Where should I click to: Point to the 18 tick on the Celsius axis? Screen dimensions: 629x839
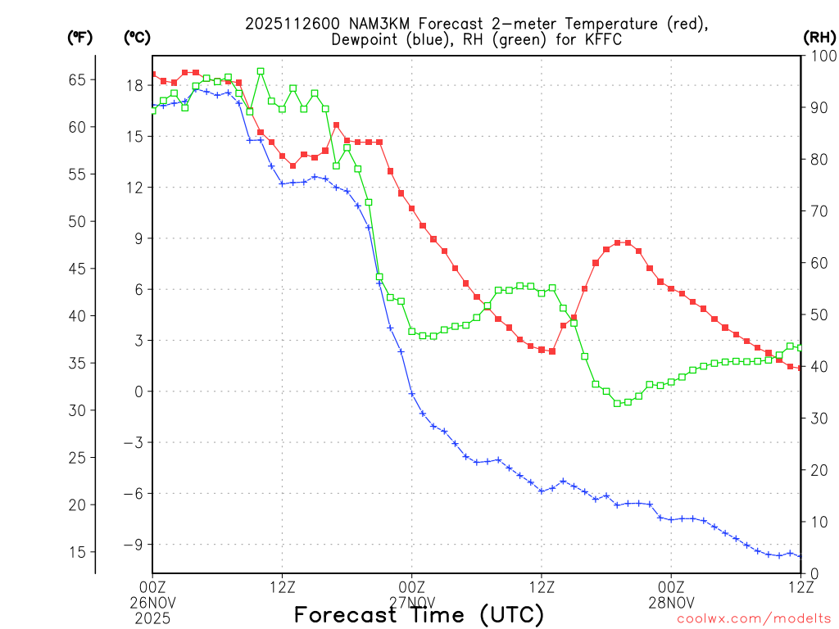(134, 85)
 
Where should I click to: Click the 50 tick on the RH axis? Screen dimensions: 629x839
(816, 314)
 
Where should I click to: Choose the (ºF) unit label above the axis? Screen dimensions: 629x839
(79, 37)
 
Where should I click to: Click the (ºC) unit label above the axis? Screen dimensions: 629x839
(136, 37)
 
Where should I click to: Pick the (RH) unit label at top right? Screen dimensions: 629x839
(819, 37)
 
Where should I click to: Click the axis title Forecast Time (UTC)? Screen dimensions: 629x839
(419, 614)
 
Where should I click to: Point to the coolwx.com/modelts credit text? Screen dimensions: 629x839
(754, 619)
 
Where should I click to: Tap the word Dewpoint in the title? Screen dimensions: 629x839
(367, 39)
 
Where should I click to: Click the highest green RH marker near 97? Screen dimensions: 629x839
(261, 71)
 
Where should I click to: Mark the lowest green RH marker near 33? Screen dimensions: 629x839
(617, 403)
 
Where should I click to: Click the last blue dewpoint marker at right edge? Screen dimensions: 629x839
(800, 556)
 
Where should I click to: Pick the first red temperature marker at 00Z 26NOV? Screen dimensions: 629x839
(152, 75)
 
